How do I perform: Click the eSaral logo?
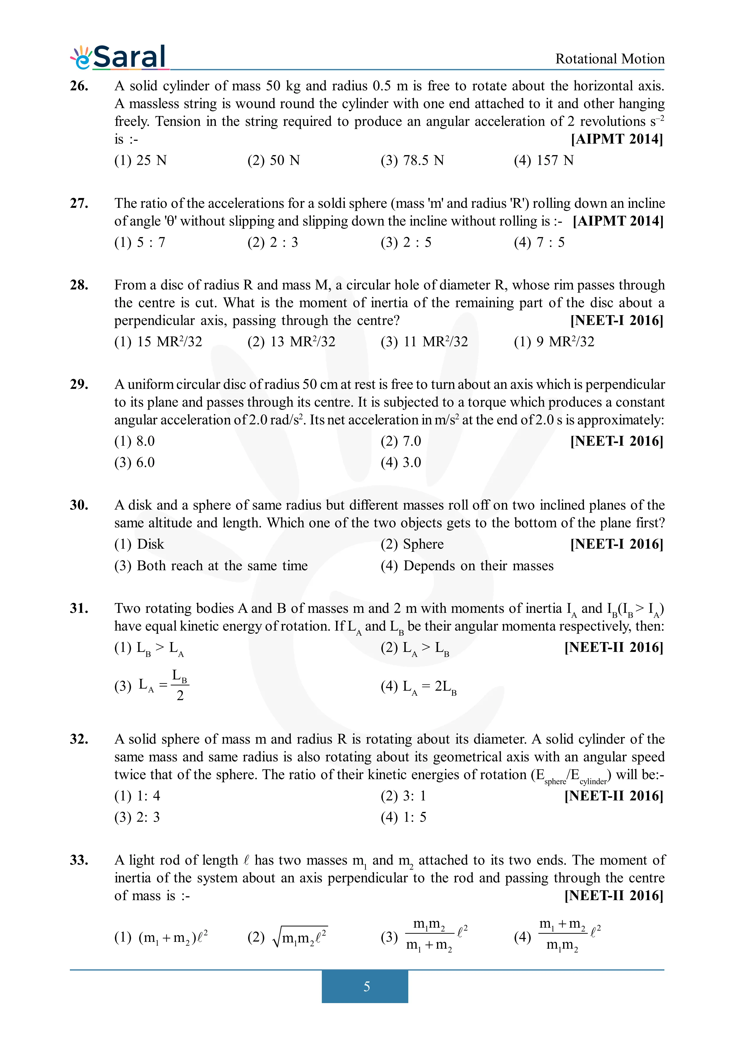119,57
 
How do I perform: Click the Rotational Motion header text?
610,59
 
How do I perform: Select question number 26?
79,86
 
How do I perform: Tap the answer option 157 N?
544,160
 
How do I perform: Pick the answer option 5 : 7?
140,242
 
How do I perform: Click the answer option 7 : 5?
539,242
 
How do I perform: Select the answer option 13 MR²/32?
291,341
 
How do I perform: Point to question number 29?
79,384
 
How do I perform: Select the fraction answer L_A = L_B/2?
152,686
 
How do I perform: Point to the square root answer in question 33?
288,937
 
